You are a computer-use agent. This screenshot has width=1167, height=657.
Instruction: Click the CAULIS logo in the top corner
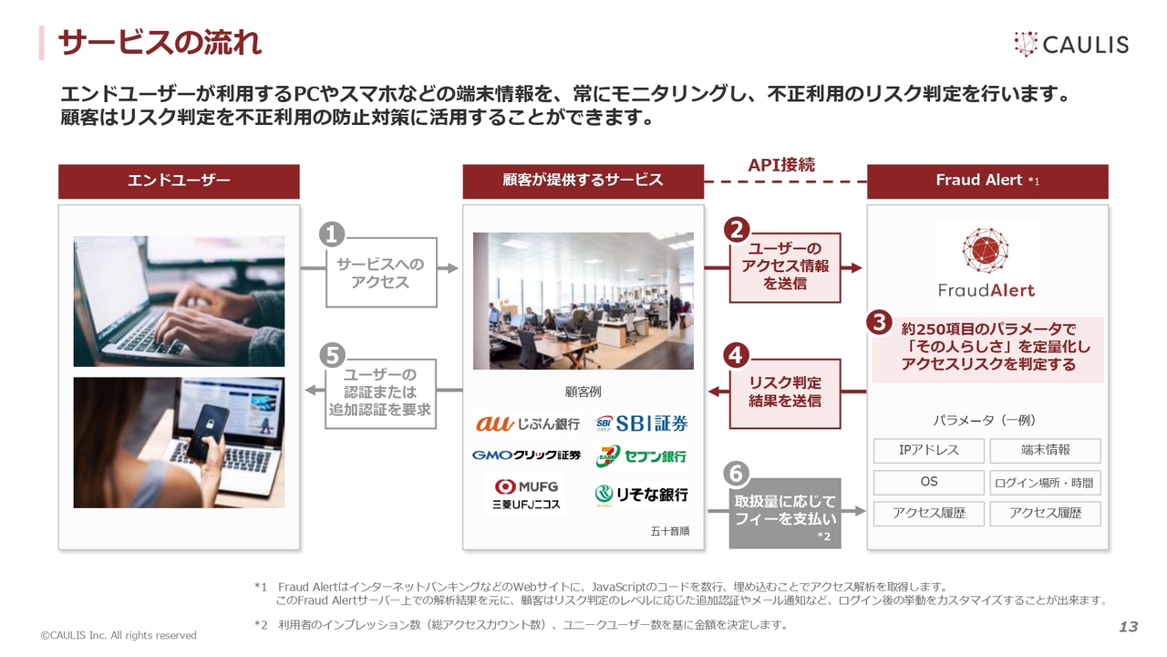[x=1071, y=44]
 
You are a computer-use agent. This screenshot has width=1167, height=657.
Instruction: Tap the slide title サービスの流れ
[x=160, y=42]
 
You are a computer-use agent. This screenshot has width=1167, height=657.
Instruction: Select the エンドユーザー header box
[x=179, y=182]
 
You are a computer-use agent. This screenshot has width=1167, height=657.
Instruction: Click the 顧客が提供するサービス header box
[x=583, y=182]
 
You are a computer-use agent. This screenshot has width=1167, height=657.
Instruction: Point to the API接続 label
[x=781, y=165]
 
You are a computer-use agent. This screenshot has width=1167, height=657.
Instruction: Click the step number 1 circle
[x=332, y=235]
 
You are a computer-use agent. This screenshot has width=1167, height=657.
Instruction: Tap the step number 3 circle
[x=880, y=322]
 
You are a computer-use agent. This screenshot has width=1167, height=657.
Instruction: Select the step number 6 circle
[x=736, y=474]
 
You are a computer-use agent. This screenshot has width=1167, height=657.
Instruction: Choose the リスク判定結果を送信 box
[x=785, y=393]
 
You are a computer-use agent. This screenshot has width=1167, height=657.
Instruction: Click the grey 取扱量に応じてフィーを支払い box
[x=785, y=513]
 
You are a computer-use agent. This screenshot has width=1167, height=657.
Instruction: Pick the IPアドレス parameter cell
[x=929, y=451]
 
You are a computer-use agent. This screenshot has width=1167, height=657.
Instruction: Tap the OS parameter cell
[x=929, y=482]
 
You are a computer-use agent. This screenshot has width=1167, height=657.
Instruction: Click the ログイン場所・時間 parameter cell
[x=1045, y=483]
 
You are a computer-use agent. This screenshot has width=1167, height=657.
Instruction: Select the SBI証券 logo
[x=641, y=423]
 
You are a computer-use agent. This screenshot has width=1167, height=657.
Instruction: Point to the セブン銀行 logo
[x=641, y=456]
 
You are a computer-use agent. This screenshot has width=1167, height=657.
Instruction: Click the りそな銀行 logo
[x=641, y=494]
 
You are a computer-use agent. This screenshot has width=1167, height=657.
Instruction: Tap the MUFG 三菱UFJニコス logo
[x=526, y=494]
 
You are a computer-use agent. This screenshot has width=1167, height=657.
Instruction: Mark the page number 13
[x=1129, y=627]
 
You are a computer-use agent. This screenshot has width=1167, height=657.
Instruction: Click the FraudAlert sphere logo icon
[x=986, y=250]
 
